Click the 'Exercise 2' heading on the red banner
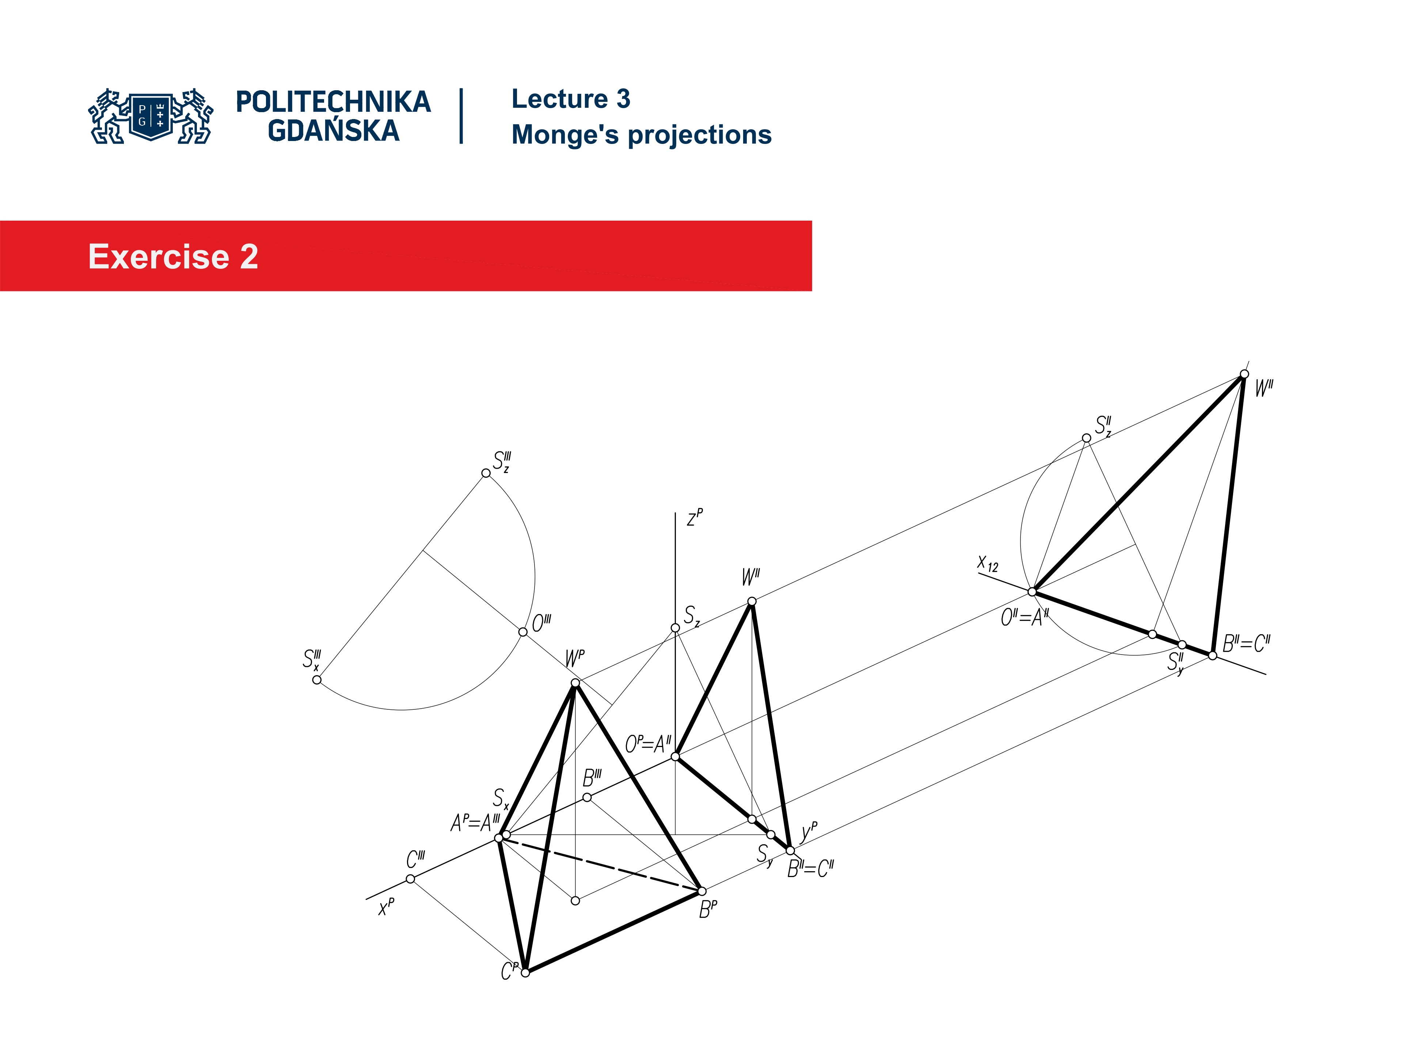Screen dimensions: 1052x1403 click(x=173, y=257)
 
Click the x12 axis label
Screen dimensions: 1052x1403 click(x=988, y=563)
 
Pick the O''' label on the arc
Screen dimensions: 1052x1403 click(x=541, y=623)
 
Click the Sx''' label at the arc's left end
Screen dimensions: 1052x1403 click(x=311, y=659)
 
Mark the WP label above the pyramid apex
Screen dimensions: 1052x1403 click(x=575, y=658)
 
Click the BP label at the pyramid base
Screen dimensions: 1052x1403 click(x=708, y=909)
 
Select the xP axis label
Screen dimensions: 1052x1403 click(x=385, y=907)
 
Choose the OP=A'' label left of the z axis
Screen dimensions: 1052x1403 click(x=647, y=744)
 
